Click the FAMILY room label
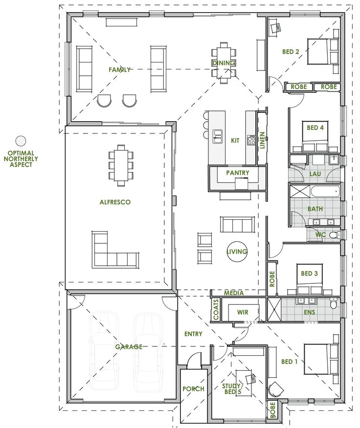coord(120,70)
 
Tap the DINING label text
coord(224,63)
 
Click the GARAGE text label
coord(129,347)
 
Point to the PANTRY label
coord(238,172)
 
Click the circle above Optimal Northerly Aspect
coord(20,141)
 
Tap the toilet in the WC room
coord(333,235)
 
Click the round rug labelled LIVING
coord(237,252)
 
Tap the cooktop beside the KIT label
coord(252,141)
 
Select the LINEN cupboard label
coord(262,141)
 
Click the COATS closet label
coord(216,310)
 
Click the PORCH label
coord(194,389)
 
